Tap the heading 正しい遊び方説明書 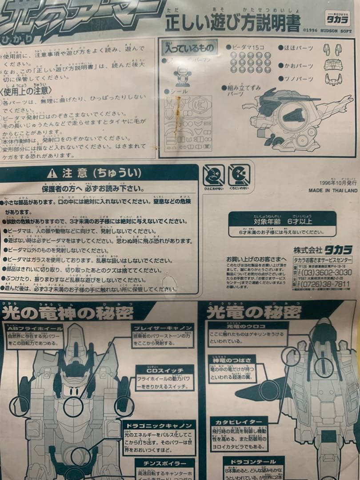[x=232, y=21]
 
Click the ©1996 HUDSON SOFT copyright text [x=328, y=31]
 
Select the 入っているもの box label [x=190, y=48]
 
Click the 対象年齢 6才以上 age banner [x=283, y=220]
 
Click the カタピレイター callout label [x=235, y=421]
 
